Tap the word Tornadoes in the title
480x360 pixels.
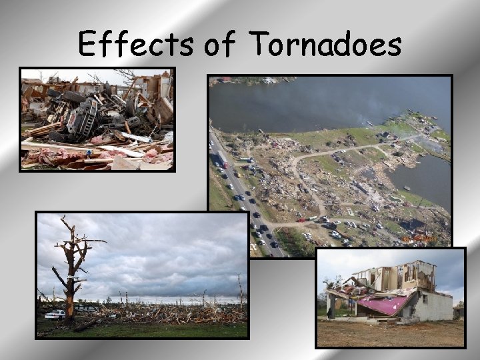click(x=326, y=45)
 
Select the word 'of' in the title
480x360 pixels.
click(x=221, y=45)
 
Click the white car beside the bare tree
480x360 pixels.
click(x=55, y=314)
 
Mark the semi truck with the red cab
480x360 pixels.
click(x=222, y=160)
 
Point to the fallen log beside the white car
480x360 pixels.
click(x=87, y=325)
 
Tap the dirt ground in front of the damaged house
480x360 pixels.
click(x=387, y=333)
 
